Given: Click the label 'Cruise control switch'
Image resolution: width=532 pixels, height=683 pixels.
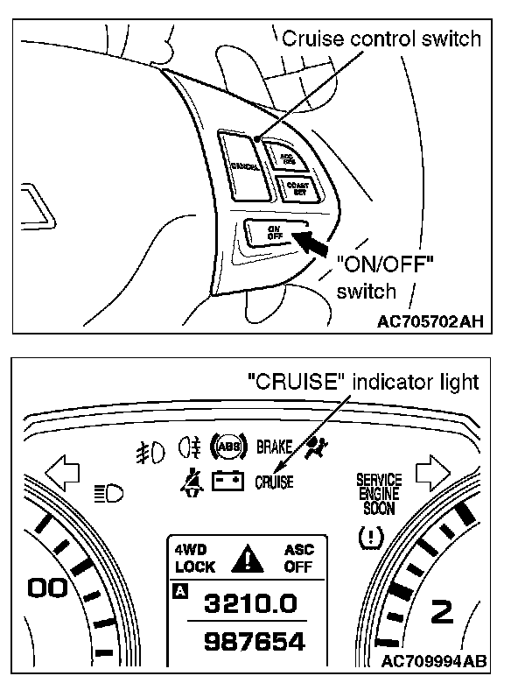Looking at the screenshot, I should [x=381, y=39].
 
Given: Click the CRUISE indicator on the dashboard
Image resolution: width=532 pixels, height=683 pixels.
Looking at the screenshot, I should [x=274, y=481].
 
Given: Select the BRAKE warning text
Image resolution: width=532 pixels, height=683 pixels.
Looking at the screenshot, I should [x=274, y=447].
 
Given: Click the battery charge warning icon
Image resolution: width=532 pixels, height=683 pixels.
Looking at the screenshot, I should [x=229, y=481].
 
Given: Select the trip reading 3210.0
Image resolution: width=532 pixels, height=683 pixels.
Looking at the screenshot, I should [x=249, y=603].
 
